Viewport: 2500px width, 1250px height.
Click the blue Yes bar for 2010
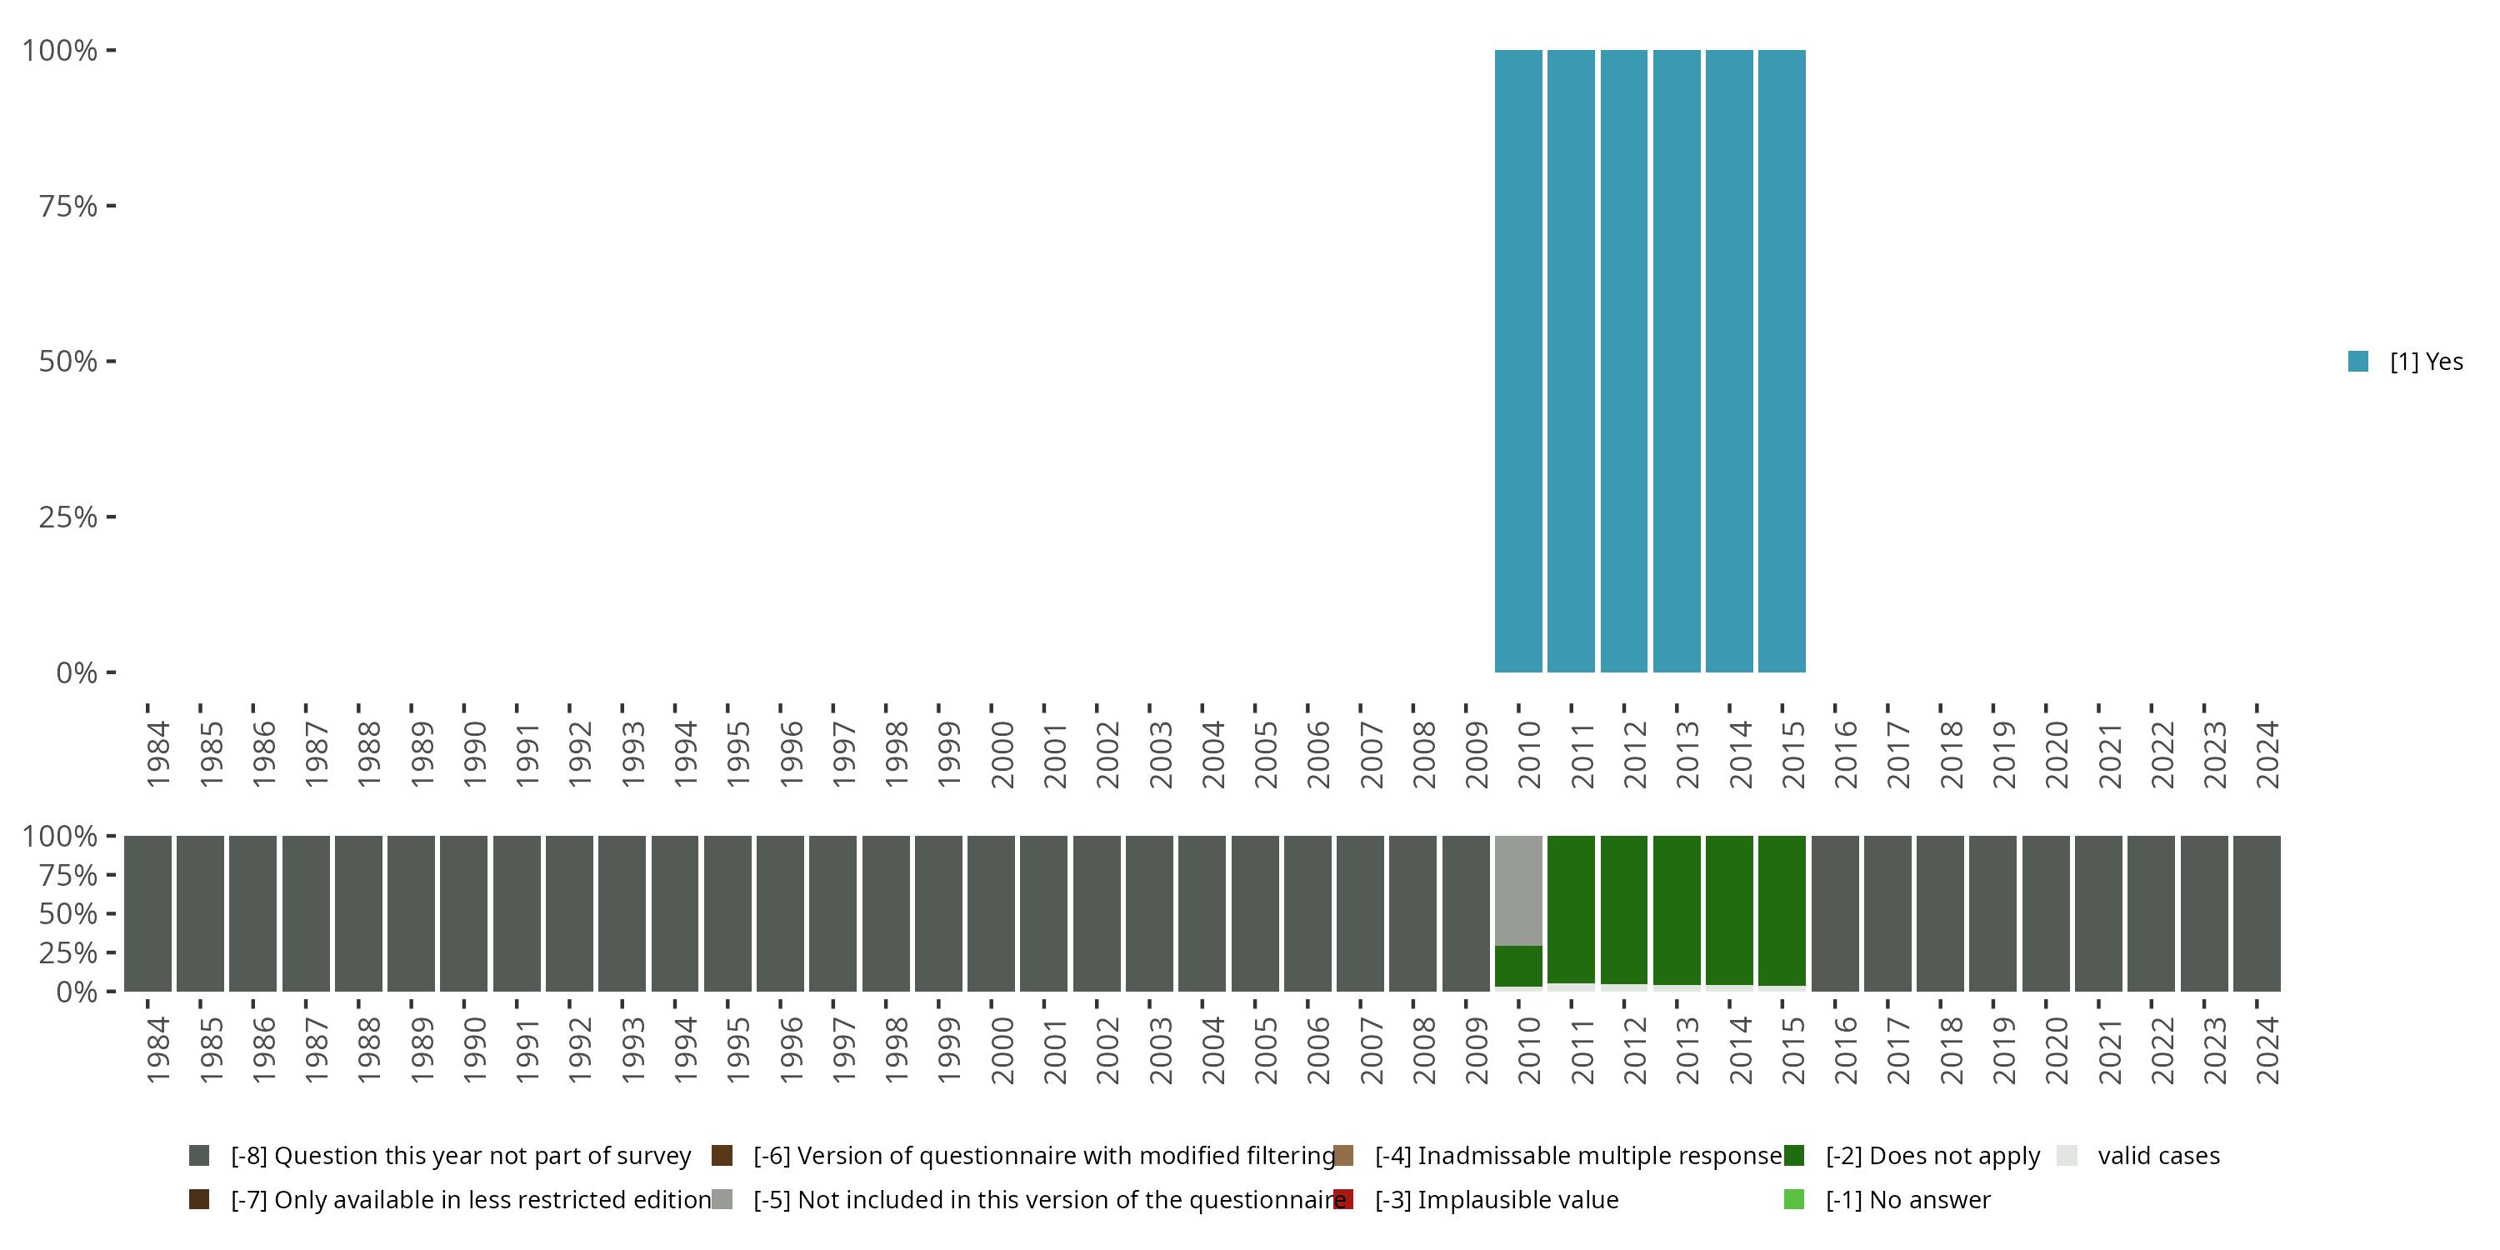click(x=1517, y=361)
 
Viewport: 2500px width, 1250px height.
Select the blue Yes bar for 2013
click(x=1676, y=361)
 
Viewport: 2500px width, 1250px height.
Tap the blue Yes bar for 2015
click(x=1782, y=361)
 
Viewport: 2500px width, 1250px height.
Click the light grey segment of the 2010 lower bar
click(x=1517, y=890)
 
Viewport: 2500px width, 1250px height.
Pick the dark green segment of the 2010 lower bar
click(x=1517, y=966)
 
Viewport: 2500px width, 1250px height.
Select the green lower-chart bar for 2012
click(x=1623, y=909)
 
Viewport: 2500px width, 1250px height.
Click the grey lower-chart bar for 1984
click(x=147, y=913)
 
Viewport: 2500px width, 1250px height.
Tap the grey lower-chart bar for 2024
click(x=2257, y=913)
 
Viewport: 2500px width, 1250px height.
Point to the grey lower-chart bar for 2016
click(x=1834, y=913)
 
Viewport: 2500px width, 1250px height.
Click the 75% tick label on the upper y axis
click(x=68, y=206)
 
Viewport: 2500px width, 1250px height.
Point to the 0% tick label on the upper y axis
click(x=77, y=672)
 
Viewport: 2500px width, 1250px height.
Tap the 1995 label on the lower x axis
click(x=737, y=1050)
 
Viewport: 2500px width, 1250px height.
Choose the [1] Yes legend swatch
click(x=2358, y=361)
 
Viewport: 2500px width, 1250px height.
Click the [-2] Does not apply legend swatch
click(x=1793, y=1155)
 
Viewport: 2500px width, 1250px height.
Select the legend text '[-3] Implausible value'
click(x=1497, y=1199)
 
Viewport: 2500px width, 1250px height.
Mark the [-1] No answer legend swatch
click(x=1793, y=1199)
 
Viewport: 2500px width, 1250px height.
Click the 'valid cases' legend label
click(x=2158, y=1155)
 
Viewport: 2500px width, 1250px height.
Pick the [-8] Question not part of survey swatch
click(x=199, y=1155)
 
